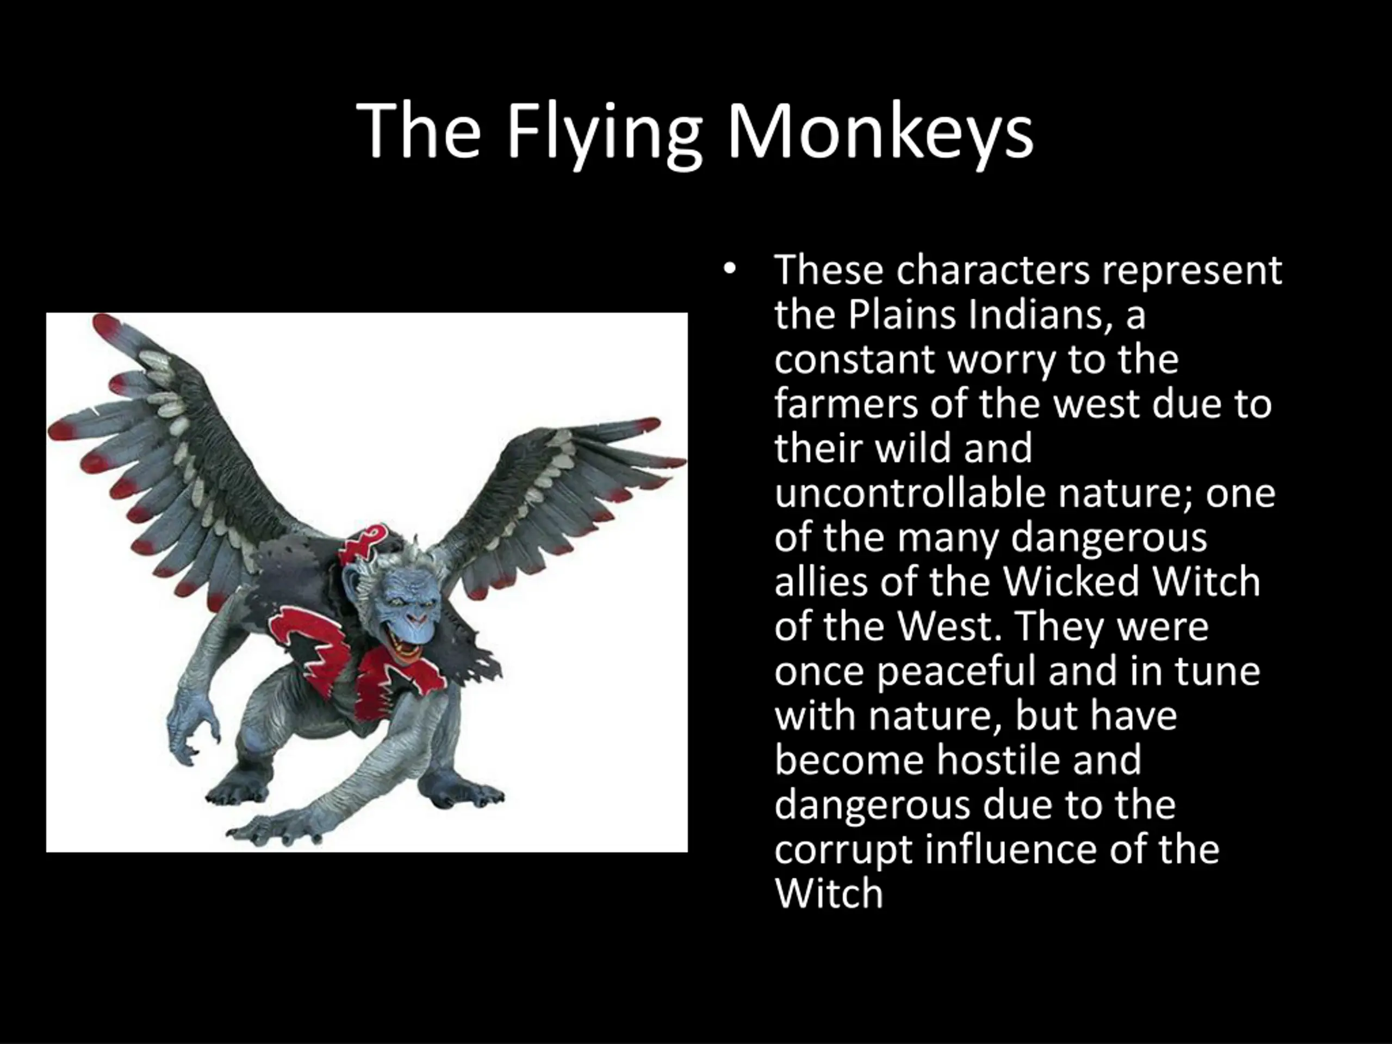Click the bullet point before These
[x=729, y=269]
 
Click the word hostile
[x=997, y=760]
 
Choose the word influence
[x=1001, y=849]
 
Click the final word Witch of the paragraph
[x=829, y=893]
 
